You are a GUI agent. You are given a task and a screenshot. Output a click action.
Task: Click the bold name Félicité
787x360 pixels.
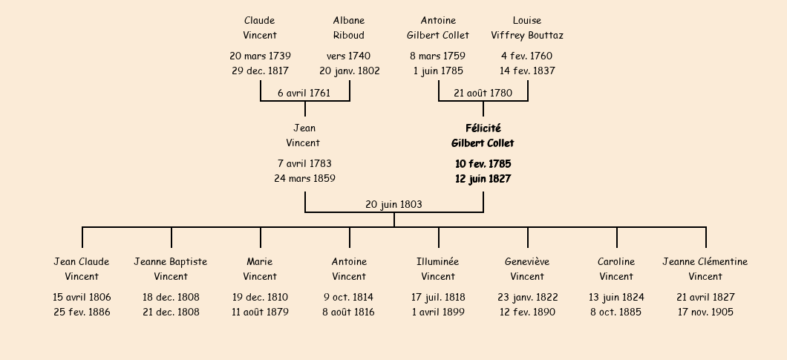click(x=483, y=128)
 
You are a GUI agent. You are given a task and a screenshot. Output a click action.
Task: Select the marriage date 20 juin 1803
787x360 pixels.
click(x=394, y=204)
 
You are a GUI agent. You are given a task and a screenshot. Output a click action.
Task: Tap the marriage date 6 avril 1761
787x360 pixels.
click(x=304, y=93)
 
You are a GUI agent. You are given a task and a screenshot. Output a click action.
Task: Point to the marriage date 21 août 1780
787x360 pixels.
click(x=483, y=93)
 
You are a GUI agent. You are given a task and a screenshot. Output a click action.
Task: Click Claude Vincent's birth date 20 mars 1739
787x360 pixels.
click(x=260, y=56)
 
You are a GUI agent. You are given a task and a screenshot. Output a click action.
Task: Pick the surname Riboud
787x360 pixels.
click(x=349, y=35)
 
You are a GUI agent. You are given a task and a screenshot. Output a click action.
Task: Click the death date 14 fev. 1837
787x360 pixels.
click(x=527, y=71)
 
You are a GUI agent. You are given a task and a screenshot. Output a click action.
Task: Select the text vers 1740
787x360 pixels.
click(x=349, y=56)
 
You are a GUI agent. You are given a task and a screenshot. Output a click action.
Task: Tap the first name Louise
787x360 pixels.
click(x=527, y=21)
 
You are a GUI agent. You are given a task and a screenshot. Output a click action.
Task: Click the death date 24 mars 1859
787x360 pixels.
click(x=304, y=178)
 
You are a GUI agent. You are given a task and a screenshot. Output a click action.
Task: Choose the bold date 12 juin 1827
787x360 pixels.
click(x=483, y=179)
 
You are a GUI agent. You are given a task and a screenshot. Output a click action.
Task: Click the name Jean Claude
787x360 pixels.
click(x=82, y=261)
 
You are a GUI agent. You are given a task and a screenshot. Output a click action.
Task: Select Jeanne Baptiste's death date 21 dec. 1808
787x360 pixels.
click(x=171, y=312)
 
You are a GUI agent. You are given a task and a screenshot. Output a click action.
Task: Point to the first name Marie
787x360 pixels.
click(x=260, y=261)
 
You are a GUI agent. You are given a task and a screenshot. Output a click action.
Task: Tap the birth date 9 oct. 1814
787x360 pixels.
click(x=349, y=297)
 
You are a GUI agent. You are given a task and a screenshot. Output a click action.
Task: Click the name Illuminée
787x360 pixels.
click(x=437, y=261)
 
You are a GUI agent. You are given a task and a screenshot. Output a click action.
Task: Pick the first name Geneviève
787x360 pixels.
click(x=527, y=261)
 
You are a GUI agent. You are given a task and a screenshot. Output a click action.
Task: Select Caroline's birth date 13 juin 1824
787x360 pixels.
click(x=616, y=297)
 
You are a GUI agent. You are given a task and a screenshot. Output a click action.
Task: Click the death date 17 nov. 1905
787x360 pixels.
click(x=705, y=312)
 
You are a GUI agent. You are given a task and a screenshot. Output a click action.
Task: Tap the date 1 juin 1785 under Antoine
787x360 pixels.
click(x=438, y=71)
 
